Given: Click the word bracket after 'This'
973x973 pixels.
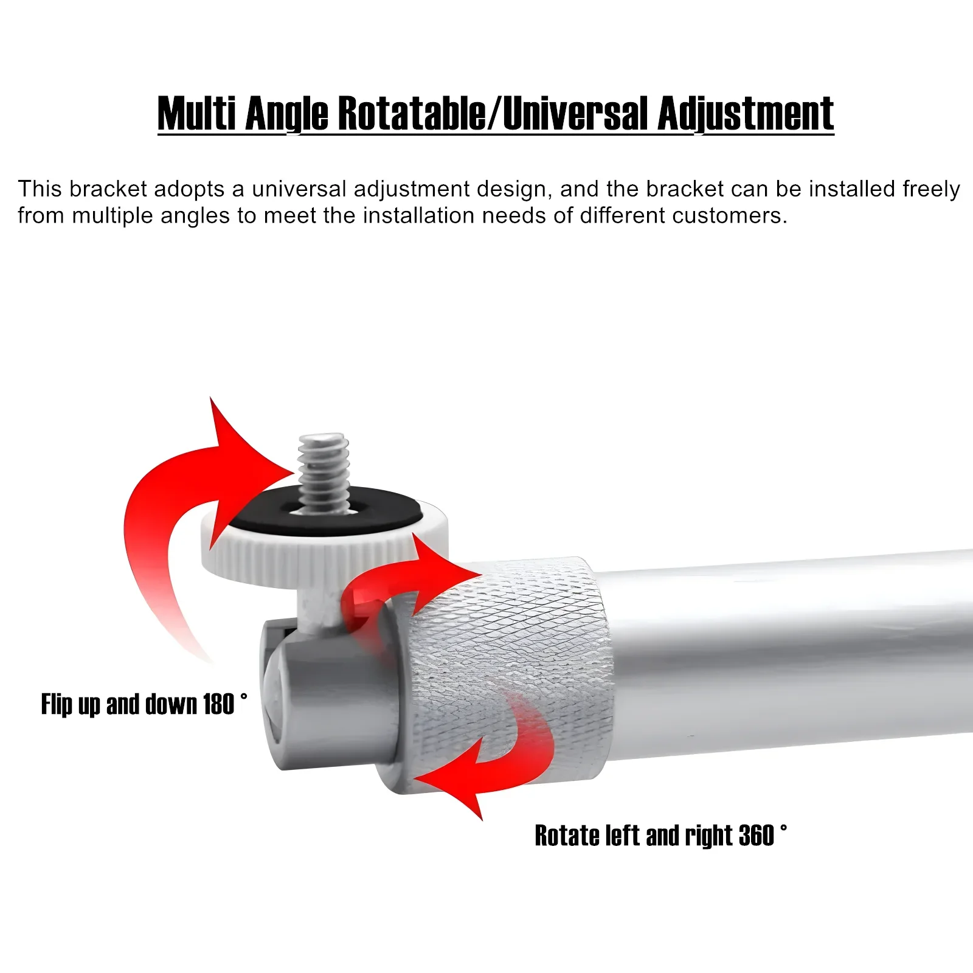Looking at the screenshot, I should (108, 189).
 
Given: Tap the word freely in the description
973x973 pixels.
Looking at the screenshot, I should (931, 189).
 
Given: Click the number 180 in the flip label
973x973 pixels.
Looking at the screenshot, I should (218, 704).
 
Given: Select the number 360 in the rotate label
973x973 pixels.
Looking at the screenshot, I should (756, 836).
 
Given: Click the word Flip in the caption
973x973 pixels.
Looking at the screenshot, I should (57, 704).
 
